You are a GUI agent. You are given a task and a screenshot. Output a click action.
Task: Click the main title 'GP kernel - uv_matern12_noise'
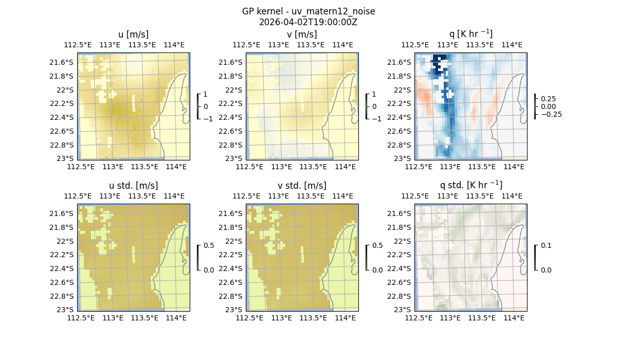[x=308, y=11]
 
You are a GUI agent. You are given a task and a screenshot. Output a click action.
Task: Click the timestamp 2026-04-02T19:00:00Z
[x=308, y=22]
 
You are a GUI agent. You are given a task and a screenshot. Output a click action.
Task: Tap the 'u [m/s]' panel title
[x=134, y=34]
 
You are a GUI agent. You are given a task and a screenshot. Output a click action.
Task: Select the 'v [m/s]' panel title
[x=302, y=34]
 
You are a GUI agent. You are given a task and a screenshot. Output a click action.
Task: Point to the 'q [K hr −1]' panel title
[x=470, y=34]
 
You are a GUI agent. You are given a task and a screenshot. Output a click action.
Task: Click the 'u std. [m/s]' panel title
[x=134, y=186]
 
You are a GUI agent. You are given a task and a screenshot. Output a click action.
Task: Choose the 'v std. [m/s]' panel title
[x=302, y=186]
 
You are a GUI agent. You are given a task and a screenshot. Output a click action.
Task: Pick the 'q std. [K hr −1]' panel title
[x=470, y=185]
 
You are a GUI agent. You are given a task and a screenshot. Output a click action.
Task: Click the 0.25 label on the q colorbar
[x=549, y=98]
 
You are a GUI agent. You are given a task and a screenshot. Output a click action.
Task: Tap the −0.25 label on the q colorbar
[x=551, y=114]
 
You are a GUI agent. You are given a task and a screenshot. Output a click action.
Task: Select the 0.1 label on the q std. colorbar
[x=546, y=246]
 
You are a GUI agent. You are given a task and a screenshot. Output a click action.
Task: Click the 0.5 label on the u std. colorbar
[x=209, y=246]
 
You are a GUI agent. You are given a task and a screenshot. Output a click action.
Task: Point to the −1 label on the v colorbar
[x=377, y=119]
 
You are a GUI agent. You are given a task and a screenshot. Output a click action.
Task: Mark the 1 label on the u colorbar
[x=206, y=95]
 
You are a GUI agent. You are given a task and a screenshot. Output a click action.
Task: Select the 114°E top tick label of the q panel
[x=512, y=45]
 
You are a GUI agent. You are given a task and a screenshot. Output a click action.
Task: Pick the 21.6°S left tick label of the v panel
[x=233, y=62]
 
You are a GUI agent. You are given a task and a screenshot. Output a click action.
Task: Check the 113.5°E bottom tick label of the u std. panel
[x=144, y=318]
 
